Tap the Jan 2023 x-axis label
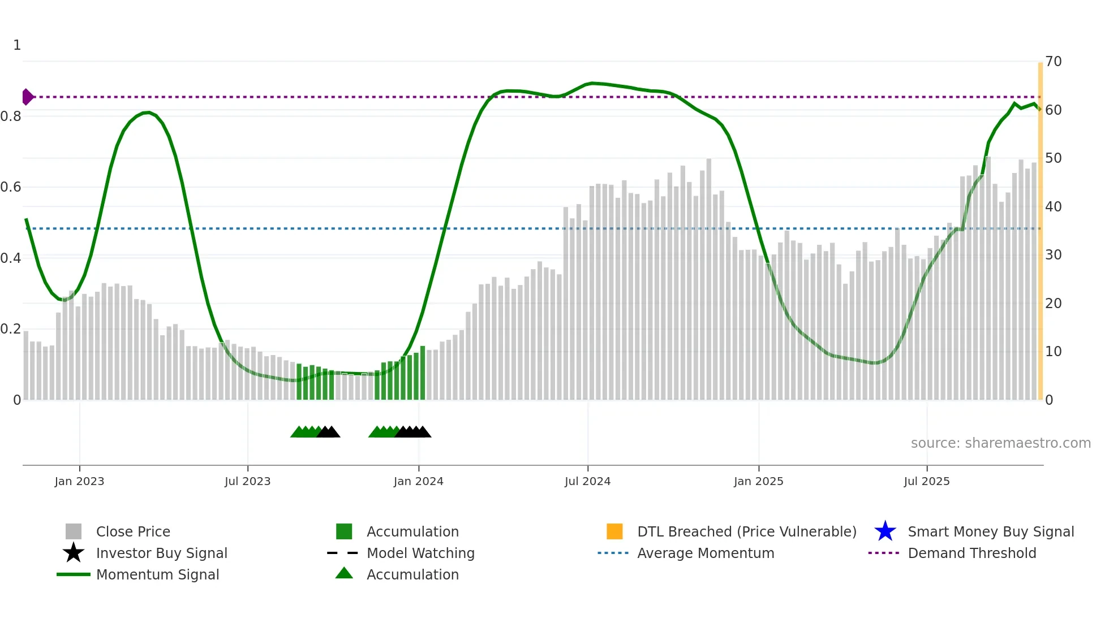point(79,481)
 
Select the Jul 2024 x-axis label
point(587,481)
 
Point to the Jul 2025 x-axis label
point(926,481)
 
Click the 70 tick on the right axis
point(1053,61)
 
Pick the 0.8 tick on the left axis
point(11,116)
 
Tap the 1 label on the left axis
point(17,45)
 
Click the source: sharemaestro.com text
point(1000,443)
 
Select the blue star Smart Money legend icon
point(885,531)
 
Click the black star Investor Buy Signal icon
point(74,553)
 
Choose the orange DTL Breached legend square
point(614,531)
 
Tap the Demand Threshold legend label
point(972,553)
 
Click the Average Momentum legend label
point(705,553)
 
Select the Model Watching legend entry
point(420,553)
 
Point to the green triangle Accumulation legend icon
point(344,573)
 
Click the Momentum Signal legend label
point(157,574)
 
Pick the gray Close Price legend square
point(74,531)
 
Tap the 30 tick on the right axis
point(1053,255)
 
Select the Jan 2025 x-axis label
point(758,481)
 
